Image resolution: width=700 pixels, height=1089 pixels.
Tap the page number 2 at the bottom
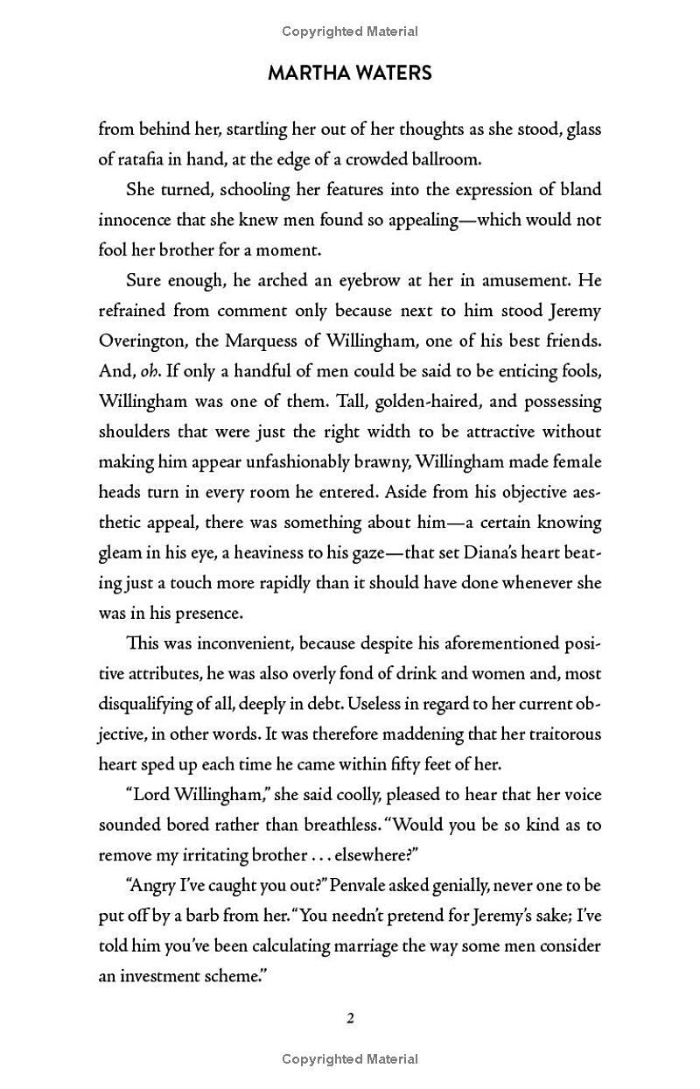(350, 1018)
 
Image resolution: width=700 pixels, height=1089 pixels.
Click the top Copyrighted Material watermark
(350, 32)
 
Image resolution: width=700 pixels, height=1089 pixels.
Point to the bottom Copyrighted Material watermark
(350, 1059)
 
